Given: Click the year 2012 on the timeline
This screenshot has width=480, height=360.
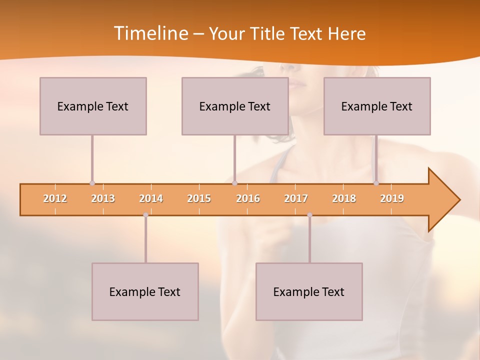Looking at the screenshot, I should pos(55,198).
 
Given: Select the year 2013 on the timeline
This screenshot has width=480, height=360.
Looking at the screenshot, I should pos(103,198).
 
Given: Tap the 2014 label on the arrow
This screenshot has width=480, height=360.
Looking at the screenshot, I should pos(151,198).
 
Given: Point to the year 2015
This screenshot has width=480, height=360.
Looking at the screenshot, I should pos(199,198).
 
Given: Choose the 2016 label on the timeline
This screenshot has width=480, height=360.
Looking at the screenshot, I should pos(248,198).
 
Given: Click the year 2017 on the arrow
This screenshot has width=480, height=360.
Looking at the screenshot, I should pos(296,198).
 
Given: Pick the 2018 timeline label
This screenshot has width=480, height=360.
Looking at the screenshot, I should pos(344,198).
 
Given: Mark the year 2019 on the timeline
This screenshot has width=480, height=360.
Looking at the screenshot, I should pos(392,198).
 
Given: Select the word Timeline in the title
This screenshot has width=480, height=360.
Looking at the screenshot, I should pos(150,33).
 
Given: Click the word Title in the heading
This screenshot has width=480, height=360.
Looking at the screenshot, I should pos(267,33).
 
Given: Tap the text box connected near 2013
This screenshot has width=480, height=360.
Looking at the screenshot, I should pos(93,106).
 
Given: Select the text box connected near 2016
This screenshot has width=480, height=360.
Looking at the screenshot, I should pos(235,106).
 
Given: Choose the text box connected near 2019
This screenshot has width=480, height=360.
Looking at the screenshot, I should pos(377,106).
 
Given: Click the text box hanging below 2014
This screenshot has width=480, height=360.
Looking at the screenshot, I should pos(145,291).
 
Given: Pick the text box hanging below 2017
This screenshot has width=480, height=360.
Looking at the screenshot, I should pos(309,291).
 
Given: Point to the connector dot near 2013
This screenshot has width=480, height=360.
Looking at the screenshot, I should pos(92,183).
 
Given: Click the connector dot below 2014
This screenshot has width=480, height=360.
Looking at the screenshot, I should pos(145,215).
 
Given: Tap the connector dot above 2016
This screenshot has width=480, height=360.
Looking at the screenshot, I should pos(234,183).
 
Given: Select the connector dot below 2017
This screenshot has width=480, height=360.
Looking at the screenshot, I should pos(309,215).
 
